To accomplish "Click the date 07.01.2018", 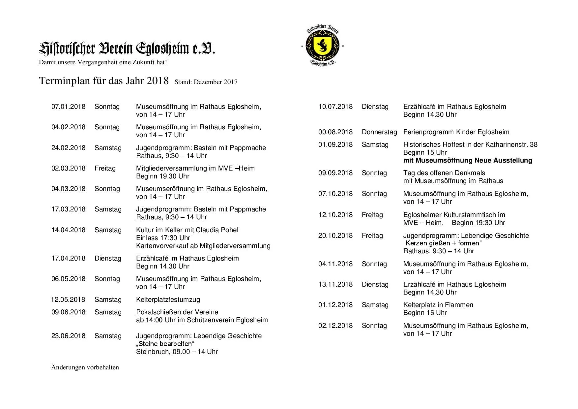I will [68, 107].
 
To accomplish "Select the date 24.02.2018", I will [68, 148].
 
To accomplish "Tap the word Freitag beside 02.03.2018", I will [105, 169].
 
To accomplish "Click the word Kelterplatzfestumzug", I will [168, 300].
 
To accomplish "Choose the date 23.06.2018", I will [68, 336].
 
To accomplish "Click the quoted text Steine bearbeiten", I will [165, 344].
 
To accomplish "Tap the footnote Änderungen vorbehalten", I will [85, 367].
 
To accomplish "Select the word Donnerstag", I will [379, 132].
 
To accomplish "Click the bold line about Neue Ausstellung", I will [468, 161].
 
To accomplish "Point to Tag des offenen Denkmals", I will [444, 173].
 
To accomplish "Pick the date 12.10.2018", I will [335, 215].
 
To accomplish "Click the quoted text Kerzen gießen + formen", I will [443, 243].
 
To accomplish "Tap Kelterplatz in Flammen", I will [438, 305].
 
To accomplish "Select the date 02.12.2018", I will [335, 326].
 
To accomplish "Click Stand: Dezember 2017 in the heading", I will [206, 82].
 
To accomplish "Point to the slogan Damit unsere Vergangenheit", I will [103, 62].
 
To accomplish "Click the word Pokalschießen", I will [157, 312].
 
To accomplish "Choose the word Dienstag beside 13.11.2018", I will [375, 285].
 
